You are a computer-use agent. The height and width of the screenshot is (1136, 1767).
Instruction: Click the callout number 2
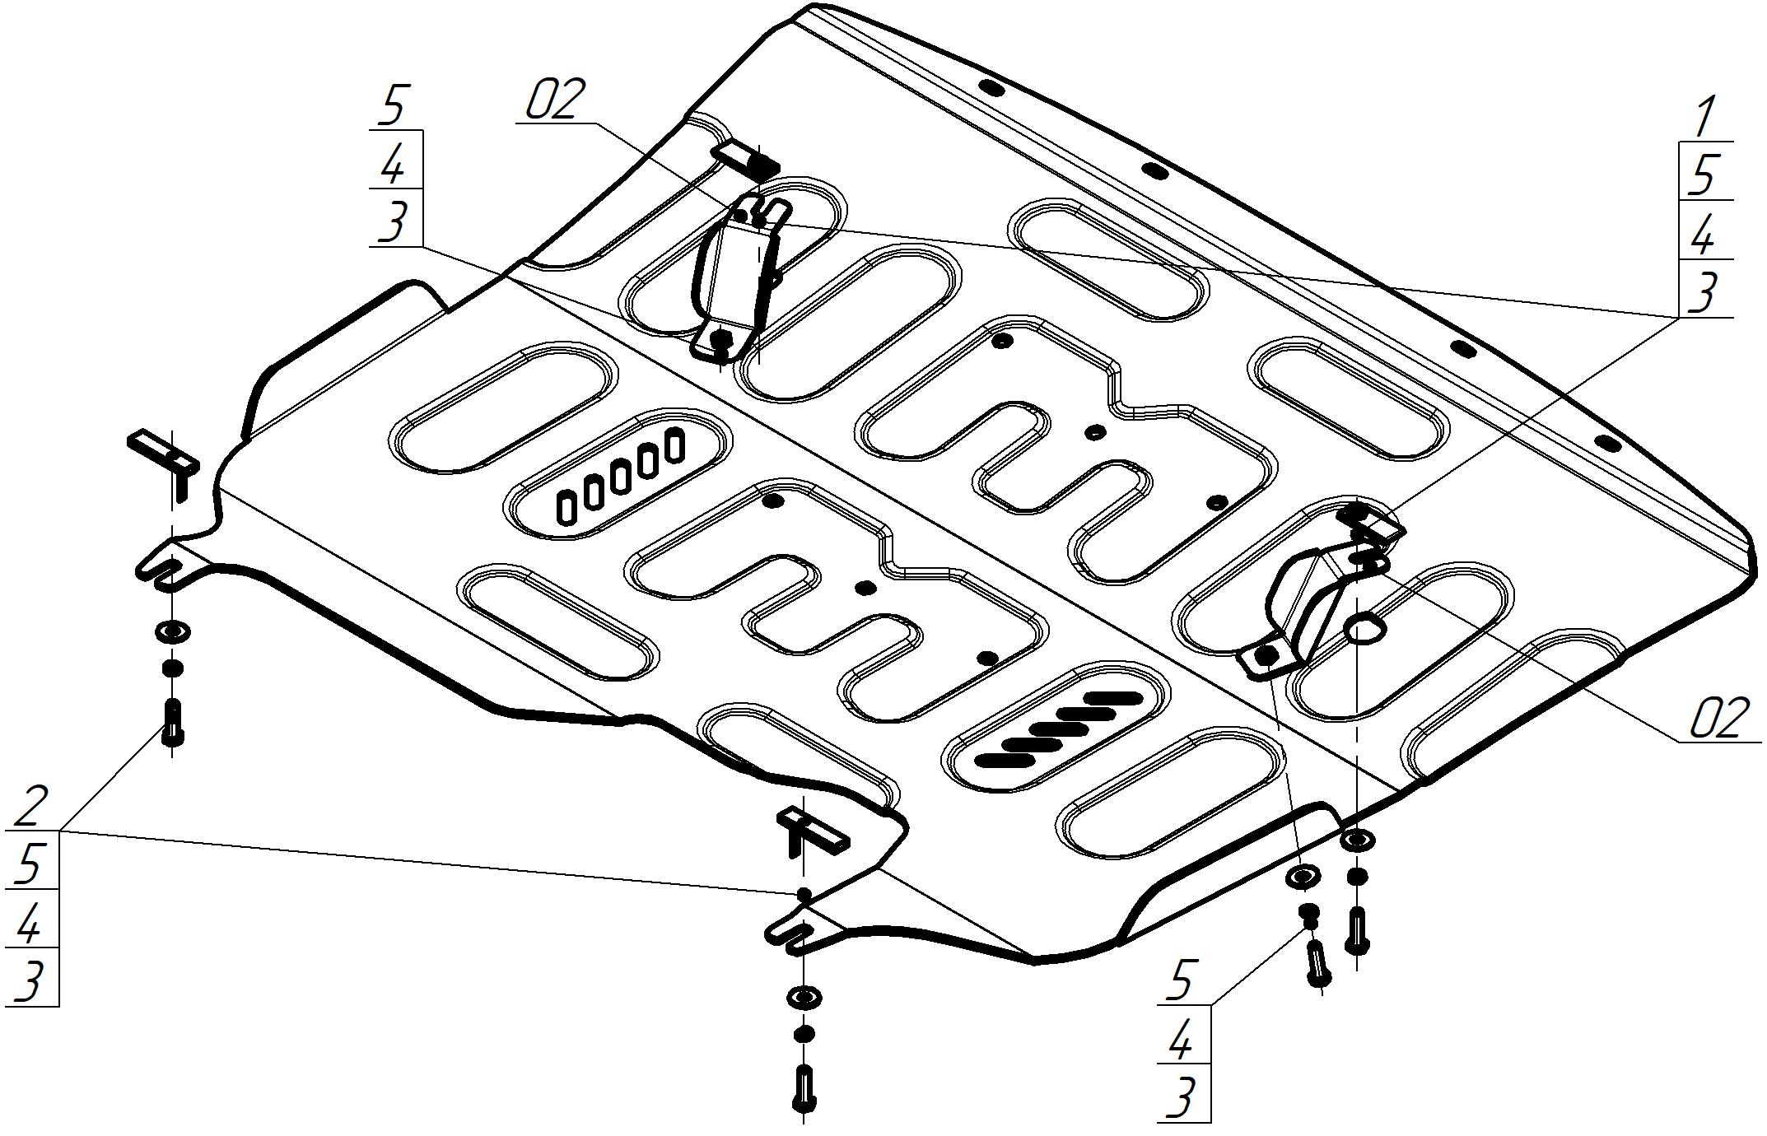[30, 806]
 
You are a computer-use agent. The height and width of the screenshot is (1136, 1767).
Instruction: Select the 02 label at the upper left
[556, 100]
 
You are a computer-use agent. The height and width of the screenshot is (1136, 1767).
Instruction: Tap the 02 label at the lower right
[1716, 719]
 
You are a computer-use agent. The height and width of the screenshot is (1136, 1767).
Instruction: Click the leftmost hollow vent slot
[566, 508]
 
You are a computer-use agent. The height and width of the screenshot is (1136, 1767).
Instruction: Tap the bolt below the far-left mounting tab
[173, 720]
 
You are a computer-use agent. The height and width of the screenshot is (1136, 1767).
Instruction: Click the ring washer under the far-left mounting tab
[172, 632]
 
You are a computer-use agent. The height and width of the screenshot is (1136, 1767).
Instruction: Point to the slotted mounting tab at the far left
[163, 566]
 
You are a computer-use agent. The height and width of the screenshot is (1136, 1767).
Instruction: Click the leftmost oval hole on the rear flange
[993, 87]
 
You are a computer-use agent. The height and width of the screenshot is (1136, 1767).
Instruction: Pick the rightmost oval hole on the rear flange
[1607, 442]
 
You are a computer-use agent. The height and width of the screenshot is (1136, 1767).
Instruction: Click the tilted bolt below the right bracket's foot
[1317, 961]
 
